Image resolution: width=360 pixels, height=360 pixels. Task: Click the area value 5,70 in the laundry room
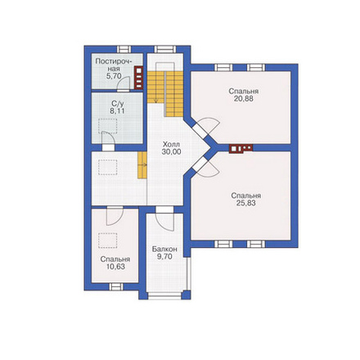pos(114,76)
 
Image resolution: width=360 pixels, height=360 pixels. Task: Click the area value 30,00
pos(171,151)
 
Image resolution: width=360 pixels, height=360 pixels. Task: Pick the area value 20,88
pos(244,99)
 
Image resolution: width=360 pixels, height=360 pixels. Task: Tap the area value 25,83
pos(246,203)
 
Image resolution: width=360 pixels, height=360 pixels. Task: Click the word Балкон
pos(164,249)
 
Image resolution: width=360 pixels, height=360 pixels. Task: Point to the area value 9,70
pos(164,257)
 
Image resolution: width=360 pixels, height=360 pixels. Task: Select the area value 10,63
pos(115,267)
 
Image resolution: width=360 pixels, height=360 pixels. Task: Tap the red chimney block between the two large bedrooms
pos(241,148)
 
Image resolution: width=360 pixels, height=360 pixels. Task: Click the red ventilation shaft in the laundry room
pos(138,78)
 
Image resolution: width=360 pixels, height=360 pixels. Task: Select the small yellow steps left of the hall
pos(142,165)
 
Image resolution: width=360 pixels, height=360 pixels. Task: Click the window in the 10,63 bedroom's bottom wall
pos(116,286)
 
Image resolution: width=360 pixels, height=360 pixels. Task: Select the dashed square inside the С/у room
pos(108,126)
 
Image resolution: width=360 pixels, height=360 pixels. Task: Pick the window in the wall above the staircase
pos(165,49)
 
